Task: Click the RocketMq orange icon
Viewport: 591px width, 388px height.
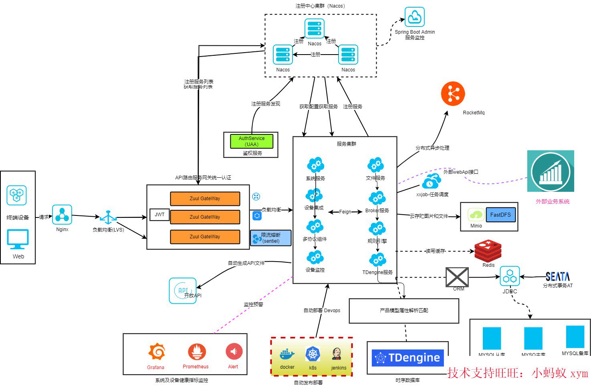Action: tap(453, 93)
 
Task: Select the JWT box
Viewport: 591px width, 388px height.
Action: tap(159, 215)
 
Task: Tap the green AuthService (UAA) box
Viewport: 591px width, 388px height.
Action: tap(252, 141)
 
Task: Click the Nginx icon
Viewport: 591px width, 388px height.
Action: tap(62, 215)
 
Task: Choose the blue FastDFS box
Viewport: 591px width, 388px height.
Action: tap(500, 215)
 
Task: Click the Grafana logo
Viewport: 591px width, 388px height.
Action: tap(156, 352)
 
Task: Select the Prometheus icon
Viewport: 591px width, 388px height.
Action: tap(196, 352)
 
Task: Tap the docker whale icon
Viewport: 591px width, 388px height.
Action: tap(287, 354)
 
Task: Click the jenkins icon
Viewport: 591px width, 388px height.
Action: tap(337, 354)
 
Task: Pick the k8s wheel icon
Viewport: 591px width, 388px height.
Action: tap(313, 354)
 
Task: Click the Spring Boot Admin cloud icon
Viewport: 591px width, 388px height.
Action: tap(414, 17)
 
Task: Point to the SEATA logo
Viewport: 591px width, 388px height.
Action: tap(557, 276)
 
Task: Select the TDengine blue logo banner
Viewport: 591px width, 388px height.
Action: tap(407, 358)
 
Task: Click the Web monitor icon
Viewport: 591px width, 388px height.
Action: tap(18, 240)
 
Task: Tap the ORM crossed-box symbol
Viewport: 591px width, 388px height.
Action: tap(457, 277)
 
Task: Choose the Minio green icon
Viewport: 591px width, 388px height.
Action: tap(476, 215)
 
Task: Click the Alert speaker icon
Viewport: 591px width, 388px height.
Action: tap(234, 352)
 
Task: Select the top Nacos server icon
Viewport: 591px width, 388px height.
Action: tap(314, 29)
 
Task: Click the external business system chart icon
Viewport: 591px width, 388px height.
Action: tap(551, 171)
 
